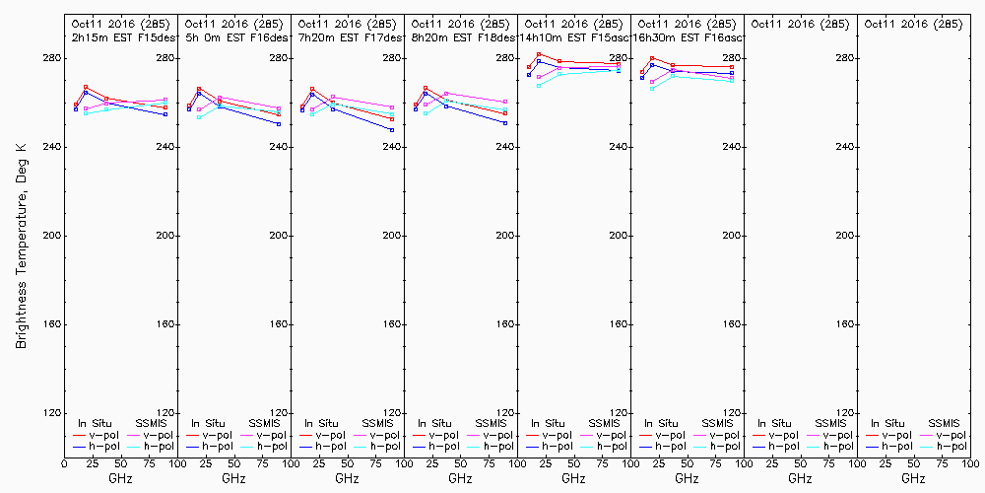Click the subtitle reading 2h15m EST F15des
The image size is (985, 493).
tap(119, 36)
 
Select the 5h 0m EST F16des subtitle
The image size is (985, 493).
tap(232, 36)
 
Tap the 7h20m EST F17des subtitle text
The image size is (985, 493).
tap(346, 36)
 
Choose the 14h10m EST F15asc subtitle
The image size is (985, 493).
tap(572, 36)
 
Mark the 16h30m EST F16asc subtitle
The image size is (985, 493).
tap(686, 36)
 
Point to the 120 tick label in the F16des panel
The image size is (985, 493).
tap(279, 413)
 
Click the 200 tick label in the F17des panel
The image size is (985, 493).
tap(392, 236)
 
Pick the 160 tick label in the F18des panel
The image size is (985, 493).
tap(505, 324)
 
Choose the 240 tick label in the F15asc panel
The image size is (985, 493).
tap(619, 147)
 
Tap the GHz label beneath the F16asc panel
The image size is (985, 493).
tap(687, 478)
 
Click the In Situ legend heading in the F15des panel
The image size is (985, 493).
tap(96, 424)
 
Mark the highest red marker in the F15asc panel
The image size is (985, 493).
tap(539, 54)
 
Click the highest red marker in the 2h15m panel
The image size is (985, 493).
tap(86, 87)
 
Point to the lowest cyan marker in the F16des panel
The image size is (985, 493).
tap(199, 117)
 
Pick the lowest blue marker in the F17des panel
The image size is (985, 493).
tap(392, 130)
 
